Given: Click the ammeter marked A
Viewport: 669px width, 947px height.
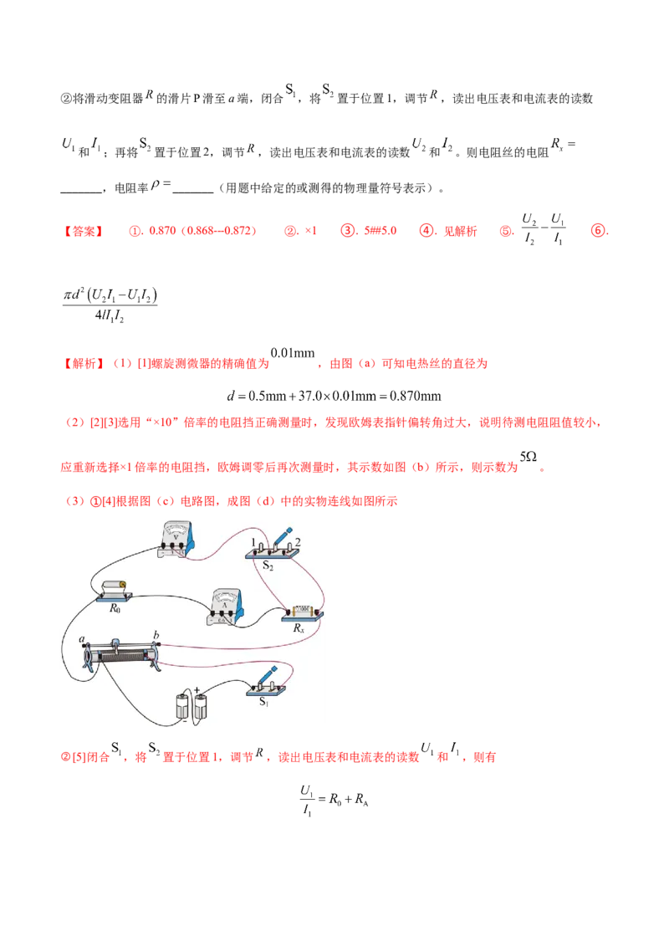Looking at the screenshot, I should [225, 606].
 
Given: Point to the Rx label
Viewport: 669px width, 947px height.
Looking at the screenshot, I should [299, 627].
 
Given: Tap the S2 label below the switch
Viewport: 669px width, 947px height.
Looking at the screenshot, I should [268, 566].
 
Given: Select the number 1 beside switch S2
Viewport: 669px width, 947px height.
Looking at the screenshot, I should [252, 542].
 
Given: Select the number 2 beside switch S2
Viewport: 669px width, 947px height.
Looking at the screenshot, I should [297, 542].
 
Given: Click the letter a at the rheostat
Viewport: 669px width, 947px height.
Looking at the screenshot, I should [83, 640].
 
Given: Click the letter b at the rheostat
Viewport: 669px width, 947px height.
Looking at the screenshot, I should [156, 635].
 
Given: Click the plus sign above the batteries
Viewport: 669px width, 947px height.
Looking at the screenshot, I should [197, 691].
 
